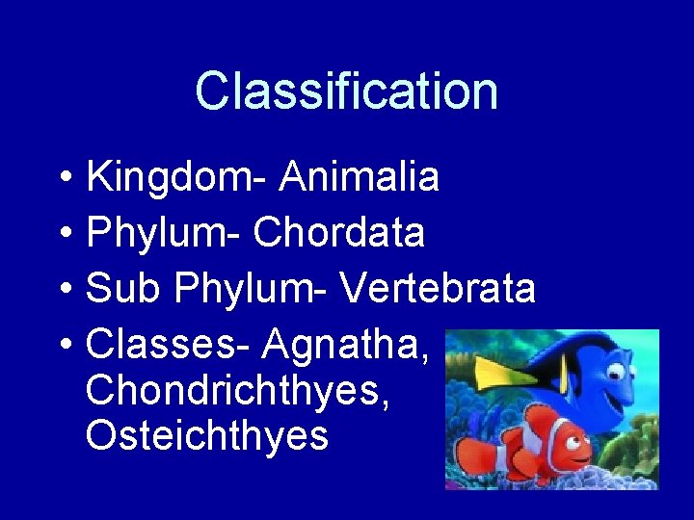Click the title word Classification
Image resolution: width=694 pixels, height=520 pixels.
pyautogui.click(x=346, y=91)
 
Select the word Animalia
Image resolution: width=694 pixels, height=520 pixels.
pyautogui.click(x=360, y=178)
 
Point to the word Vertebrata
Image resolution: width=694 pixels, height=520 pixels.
pyautogui.click(x=438, y=288)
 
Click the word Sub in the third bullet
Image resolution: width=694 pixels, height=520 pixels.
pyautogui.click(x=119, y=288)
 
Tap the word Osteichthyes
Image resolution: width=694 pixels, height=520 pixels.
pyautogui.click(x=207, y=436)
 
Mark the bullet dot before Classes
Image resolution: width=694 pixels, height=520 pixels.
pyautogui.click(x=62, y=344)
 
